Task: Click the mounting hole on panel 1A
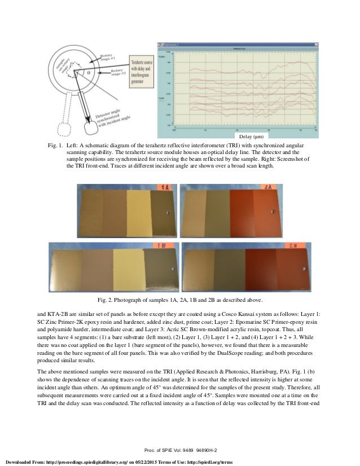click(168, 211)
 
